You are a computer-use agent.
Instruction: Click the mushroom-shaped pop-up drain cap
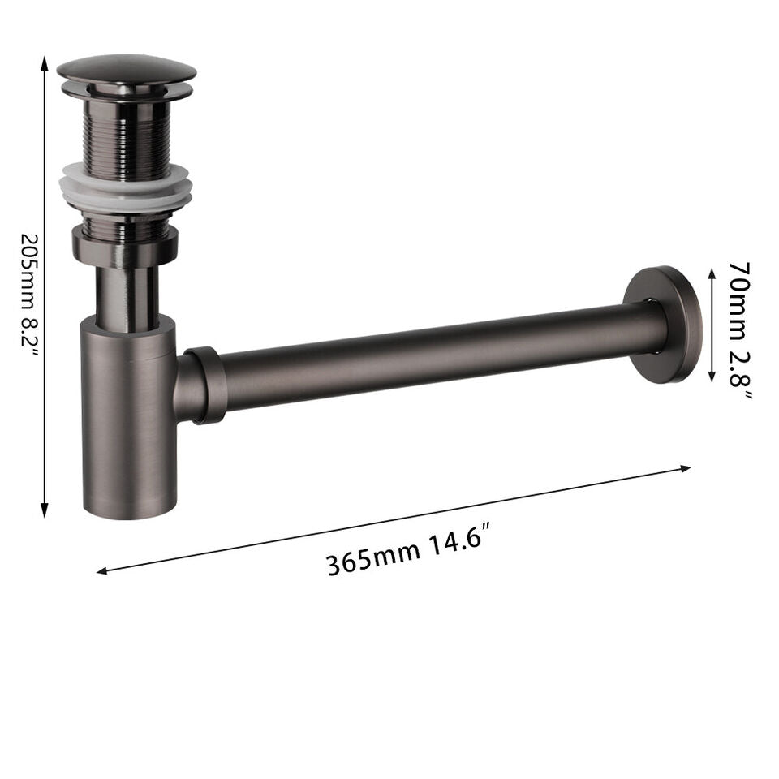pos(126,69)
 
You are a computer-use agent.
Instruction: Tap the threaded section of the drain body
pos(126,134)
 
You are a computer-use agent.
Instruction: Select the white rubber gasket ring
pos(127,188)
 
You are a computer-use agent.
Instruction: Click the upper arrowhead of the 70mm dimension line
pos(712,274)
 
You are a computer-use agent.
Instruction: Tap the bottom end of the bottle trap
pos(130,507)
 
